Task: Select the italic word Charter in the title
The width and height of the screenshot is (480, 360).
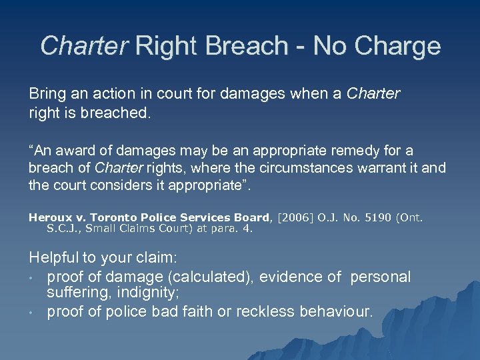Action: [83, 46]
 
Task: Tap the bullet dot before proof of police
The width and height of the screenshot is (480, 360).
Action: [31, 311]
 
